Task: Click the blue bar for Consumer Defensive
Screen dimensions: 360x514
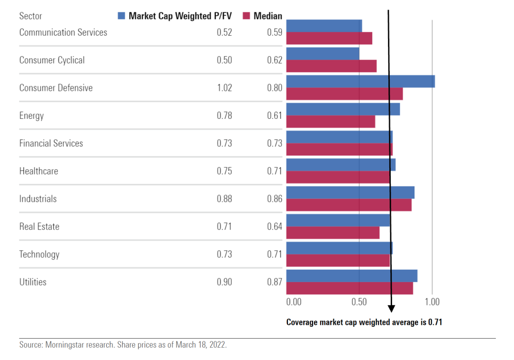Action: [360, 81]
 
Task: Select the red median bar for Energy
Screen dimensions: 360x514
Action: [330, 122]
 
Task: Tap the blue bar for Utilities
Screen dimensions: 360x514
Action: [352, 276]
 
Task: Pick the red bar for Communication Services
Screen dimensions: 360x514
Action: [329, 39]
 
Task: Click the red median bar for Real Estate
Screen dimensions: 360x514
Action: [333, 233]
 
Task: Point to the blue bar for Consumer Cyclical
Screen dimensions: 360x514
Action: [323, 53]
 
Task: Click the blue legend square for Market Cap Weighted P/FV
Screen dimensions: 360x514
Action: [121, 16]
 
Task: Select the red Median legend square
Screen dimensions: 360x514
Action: [246, 16]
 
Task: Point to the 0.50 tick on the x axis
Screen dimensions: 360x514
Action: [359, 302]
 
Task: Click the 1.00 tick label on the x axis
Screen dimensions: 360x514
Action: [432, 302]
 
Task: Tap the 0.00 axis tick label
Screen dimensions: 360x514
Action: [294, 302]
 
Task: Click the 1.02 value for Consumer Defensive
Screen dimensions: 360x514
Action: [224, 88]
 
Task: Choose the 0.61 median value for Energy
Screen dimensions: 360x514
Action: [275, 116]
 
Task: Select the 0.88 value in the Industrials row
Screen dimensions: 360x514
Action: [224, 199]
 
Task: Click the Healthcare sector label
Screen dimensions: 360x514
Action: [39, 171]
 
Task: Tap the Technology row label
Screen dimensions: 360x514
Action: [39, 254]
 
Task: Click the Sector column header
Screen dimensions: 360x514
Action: [30, 16]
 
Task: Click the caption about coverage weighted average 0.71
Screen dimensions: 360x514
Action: [364, 322]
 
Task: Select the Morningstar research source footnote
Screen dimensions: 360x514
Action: [123, 345]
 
